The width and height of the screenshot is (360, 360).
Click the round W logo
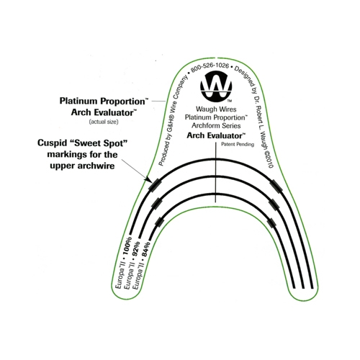pos(216,88)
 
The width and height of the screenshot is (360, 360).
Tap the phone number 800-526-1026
pos(210,66)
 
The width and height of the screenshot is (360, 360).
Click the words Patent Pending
pos(238,144)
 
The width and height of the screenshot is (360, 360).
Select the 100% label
pos(127,246)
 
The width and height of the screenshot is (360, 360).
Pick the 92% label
pos(136,250)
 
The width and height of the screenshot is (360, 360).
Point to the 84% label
pos(145,249)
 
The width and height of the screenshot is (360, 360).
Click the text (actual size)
pos(104,122)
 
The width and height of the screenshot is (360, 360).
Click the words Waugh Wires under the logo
pos(216,109)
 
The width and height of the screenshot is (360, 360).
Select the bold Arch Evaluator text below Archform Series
pos(216,135)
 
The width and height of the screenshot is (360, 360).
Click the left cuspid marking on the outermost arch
pos(155,184)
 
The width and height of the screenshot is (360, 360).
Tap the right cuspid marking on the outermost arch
pos(276,186)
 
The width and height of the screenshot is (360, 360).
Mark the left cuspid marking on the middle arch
pos(157,204)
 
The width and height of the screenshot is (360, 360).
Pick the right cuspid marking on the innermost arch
pos(271,223)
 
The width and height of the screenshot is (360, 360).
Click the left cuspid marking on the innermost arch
pos(159,222)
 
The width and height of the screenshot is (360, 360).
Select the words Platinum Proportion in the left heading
pos(102,101)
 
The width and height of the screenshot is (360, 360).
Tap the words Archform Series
pos(216,125)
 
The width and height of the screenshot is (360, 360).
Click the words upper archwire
pos(82,166)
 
